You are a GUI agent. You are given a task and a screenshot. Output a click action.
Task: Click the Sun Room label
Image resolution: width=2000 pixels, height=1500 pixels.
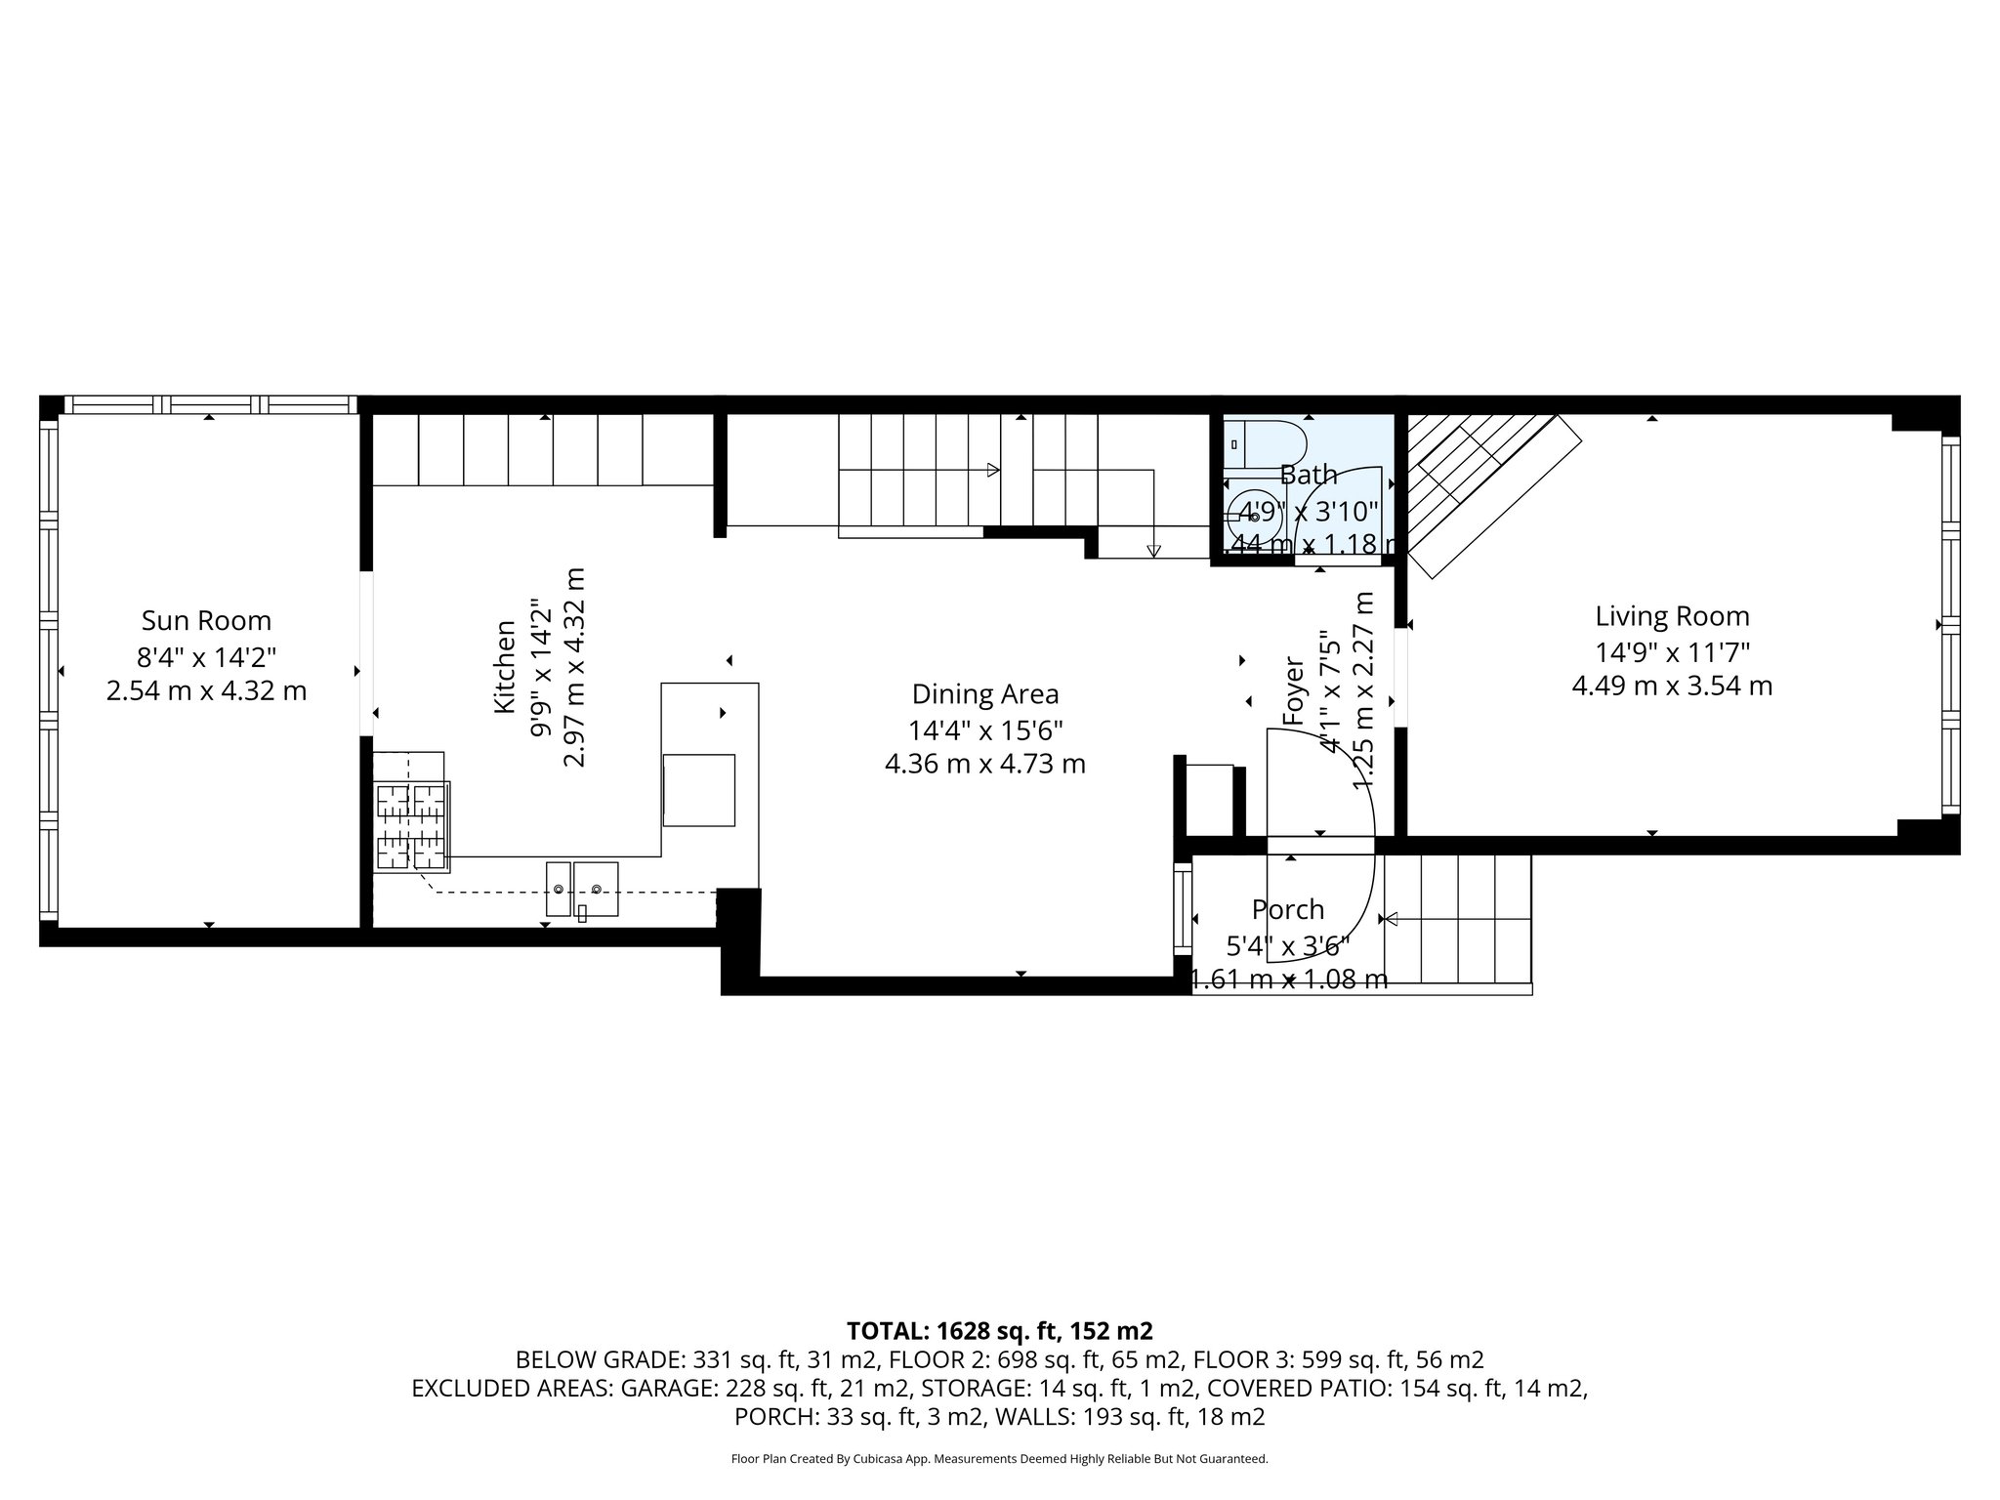tap(206, 620)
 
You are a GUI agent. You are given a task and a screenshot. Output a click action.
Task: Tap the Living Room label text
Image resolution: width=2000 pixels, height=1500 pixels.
tap(1672, 616)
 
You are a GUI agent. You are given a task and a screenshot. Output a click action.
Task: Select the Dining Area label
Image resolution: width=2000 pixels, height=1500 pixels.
tap(984, 694)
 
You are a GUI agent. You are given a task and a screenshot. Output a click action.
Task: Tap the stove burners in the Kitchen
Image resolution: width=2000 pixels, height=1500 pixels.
tap(412, 826)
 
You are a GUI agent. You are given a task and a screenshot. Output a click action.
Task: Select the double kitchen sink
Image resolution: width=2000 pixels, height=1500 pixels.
tap(582, 888)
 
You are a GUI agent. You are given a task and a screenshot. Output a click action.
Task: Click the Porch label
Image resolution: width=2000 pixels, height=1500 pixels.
tap(1288, 909)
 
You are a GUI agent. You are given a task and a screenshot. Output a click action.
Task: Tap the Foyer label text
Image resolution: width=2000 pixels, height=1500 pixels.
tap(1294, 692)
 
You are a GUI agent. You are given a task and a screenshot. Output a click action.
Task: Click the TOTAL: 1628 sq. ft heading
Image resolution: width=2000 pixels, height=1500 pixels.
tap(999, 1331)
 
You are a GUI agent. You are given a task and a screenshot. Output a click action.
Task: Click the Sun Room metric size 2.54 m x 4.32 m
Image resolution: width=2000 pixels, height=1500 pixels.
tap(206, 691)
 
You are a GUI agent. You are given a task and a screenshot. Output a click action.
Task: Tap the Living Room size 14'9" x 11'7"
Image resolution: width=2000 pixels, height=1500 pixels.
tap(1672, 651)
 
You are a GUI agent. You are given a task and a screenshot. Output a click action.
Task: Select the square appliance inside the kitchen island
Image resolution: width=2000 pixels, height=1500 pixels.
tap(699, 790)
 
